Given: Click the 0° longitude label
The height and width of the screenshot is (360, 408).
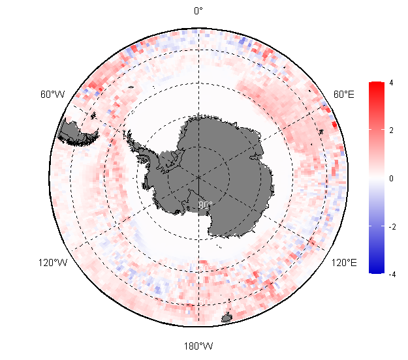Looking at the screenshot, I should tap(198, 11).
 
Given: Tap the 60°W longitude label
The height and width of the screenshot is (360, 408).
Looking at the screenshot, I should tap(52, 95).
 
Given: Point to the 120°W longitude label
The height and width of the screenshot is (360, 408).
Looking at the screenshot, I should tap(53, 263).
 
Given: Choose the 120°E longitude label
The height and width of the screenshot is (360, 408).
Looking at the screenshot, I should tap(343, 263).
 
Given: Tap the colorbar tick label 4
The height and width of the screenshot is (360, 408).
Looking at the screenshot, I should tap(390, 83).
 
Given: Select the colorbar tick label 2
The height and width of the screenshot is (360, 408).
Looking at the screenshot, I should tap(390, 130).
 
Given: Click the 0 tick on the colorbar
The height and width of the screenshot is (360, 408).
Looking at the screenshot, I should tap(390, 178).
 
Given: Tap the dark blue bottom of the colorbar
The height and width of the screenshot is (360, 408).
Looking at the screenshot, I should tap(375, 271).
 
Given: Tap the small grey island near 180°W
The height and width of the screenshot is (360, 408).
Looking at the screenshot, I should tap(227, 318).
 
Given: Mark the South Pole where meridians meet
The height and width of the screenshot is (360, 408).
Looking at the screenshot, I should tap(198, 176).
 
